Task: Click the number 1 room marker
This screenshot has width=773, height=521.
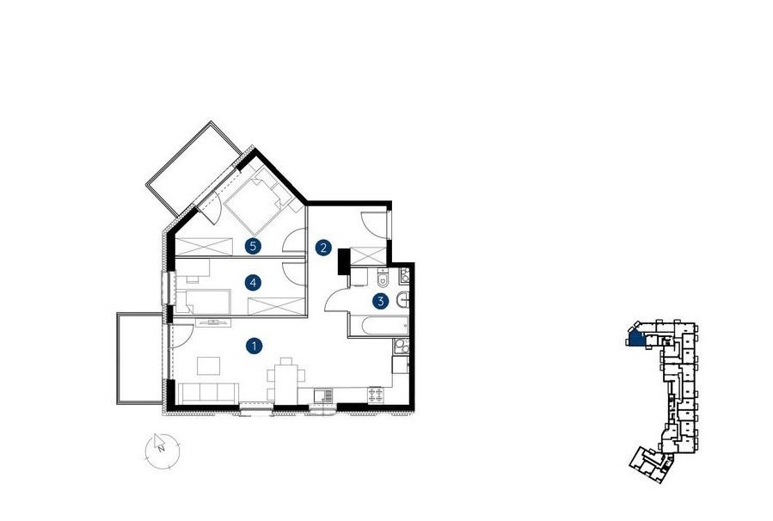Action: [254, 346]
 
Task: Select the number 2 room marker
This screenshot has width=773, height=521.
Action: [323, 248]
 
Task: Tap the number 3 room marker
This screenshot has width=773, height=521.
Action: [381, 301]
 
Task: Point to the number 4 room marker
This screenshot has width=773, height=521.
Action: [253, 283]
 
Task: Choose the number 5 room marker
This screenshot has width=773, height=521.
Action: [253, 246]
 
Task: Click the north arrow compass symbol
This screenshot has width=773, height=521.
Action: [163, 451]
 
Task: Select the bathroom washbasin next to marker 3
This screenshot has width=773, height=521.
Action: [402, 300]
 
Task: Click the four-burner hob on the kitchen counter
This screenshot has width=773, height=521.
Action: [376, 394]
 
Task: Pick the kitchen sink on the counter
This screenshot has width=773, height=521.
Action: [323, 395]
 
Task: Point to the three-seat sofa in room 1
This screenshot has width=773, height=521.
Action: [209, 393]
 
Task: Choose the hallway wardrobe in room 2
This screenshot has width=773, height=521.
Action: [367, 256]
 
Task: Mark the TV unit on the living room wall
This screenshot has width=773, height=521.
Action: [213, 322]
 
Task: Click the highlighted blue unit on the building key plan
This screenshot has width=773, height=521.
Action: [636, 339]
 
